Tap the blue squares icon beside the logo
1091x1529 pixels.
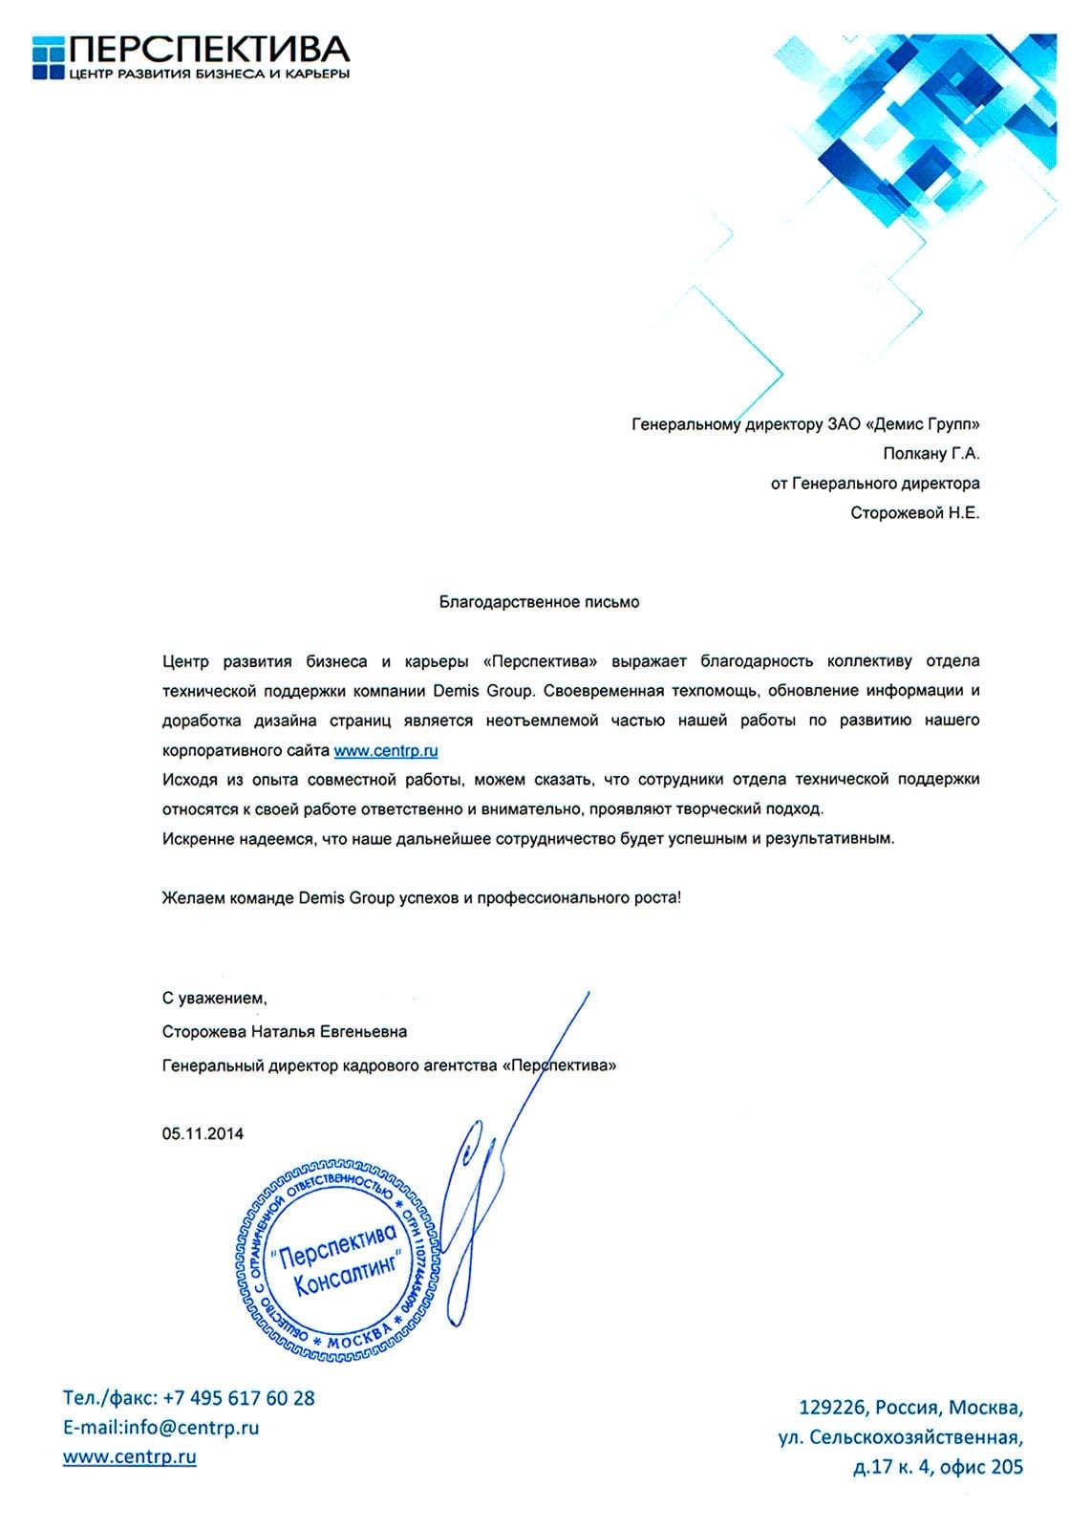[49, 56]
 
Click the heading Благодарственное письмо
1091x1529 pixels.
[539, 602]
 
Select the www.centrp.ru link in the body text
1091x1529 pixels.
[386, 750]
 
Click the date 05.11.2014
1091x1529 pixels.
[203, 1133]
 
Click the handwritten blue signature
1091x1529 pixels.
[487, 1195]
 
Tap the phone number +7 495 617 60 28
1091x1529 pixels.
[239, 1398]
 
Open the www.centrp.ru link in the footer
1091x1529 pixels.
[130, 1457]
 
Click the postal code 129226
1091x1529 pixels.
[832, 1408]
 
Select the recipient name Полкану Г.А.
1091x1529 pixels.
[931, 454]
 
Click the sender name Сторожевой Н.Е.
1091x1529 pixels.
[914, 513]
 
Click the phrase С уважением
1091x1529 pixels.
[214, 998]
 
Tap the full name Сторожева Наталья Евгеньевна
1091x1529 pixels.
[285, 1031]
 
